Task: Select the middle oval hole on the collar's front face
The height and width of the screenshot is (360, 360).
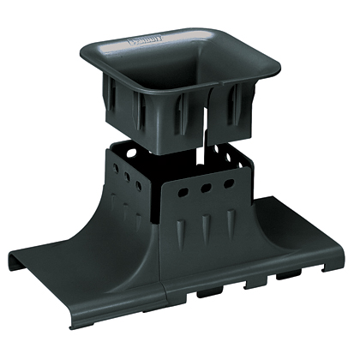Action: tap(207, 188)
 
